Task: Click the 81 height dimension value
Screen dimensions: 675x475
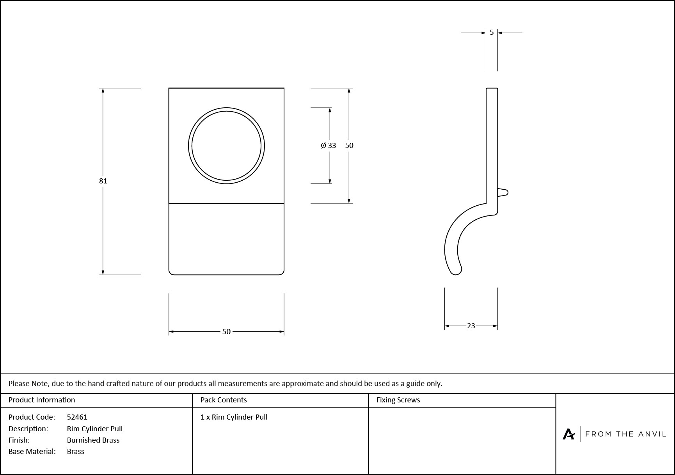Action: (103, 181)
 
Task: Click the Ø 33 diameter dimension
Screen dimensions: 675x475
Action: (329, 145)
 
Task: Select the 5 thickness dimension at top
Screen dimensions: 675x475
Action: (492, 32)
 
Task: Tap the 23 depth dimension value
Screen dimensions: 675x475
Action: (471, 326)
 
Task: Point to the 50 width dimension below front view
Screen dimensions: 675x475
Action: (226, 331)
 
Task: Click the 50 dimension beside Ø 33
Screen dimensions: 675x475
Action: (349, 145)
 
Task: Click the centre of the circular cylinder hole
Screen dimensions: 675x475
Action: (226, 146)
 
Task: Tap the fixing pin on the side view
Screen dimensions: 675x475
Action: (503, 192)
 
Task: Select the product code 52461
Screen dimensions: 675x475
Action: (77, 417)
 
